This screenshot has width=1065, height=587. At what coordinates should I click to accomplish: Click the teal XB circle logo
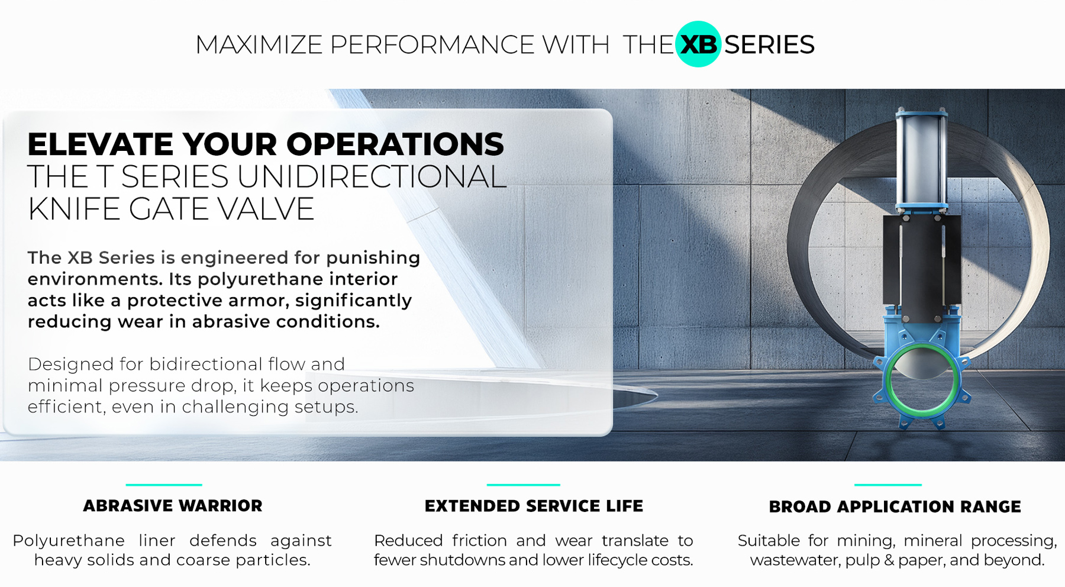tap(698, 44)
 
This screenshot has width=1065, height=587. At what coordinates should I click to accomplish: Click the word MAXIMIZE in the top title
tap(259, 44)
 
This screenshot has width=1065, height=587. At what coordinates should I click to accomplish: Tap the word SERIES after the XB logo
tap(769, 44)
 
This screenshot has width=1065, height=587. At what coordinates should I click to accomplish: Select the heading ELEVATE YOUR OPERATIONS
tap(266, 144)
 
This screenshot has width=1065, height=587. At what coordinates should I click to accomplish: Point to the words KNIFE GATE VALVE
tap(171, 209)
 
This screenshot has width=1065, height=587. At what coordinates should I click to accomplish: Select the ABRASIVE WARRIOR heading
tap(173, 506)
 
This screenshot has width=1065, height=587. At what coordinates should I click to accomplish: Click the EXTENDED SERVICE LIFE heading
tap(534, 506)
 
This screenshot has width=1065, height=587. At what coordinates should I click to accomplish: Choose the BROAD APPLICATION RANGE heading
tap(895, 507)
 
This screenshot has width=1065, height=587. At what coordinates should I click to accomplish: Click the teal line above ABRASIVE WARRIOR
tap(164, 485)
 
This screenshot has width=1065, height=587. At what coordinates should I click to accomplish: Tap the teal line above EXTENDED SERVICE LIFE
tap(523, 485)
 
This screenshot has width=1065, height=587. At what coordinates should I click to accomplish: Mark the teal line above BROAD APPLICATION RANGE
tap(887, 485)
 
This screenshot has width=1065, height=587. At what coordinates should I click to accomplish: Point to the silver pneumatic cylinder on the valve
tap(922, 159)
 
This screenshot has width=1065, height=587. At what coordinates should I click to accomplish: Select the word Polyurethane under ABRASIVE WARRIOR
tap(69, 541)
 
